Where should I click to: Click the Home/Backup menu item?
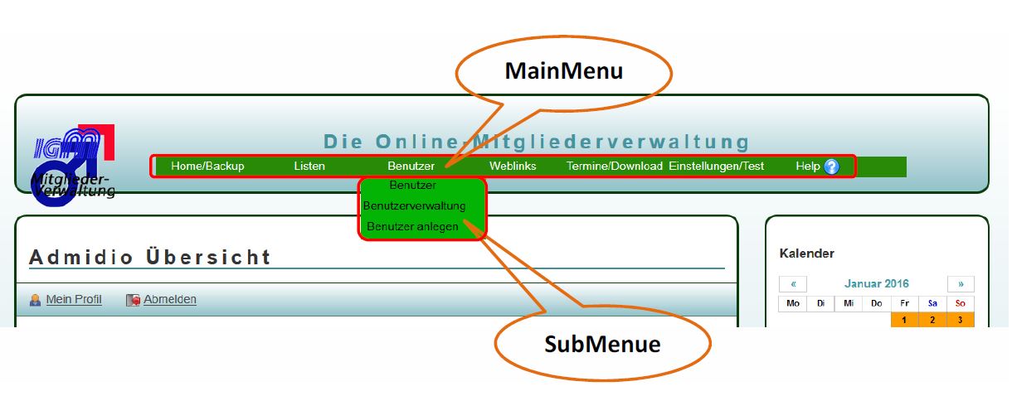207,167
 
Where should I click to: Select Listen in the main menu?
309,167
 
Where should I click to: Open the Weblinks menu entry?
513,167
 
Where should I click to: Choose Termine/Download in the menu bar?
614,167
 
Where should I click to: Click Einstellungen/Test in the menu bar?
716,167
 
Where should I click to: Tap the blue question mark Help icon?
831,167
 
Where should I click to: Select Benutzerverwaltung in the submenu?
415,206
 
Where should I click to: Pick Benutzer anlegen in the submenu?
412,226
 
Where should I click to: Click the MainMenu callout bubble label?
563,71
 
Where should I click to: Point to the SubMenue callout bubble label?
602,343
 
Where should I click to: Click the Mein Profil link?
74,299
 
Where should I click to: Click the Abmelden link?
170,299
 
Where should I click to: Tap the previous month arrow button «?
792,284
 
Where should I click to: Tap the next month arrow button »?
961,284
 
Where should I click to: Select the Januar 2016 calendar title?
876,284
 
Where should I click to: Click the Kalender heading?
807,254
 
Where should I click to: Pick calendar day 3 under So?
961,320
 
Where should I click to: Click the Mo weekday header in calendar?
792,304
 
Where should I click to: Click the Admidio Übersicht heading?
150,258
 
